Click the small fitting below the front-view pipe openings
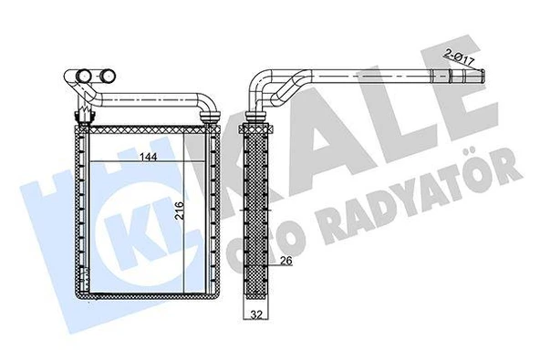pos(79,114)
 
